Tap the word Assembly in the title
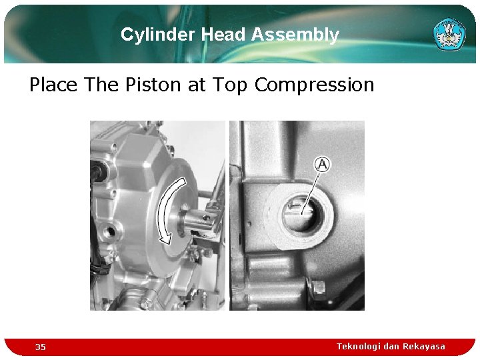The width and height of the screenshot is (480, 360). point(295,35)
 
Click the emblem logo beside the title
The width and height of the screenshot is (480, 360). point(449,33)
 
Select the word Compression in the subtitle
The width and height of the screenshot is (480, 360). point(314,85)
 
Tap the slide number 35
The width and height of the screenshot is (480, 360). point(41,347)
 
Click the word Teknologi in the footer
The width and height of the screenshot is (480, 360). point(359,346)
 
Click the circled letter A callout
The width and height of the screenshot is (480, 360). point(323,164)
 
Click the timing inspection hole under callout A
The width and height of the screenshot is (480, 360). point(302,214)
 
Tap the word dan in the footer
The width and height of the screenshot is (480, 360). point(393,346)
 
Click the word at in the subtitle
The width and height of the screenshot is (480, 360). point(197,85)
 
